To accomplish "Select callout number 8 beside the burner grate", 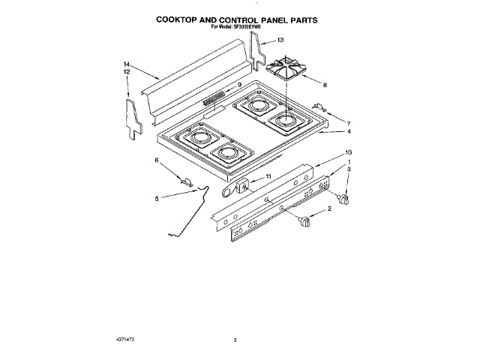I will tap(324, 85).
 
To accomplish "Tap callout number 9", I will tap(239, 84).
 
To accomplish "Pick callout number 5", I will tap(157, 198).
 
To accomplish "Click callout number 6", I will tap(157, 160).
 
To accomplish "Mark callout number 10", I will tap(347, 153).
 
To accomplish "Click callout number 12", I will tap(126, 72).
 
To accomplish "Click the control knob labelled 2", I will tap(304, 220).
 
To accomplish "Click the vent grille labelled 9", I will tap(216, 96).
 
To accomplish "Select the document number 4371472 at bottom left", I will tap(127, 340).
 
